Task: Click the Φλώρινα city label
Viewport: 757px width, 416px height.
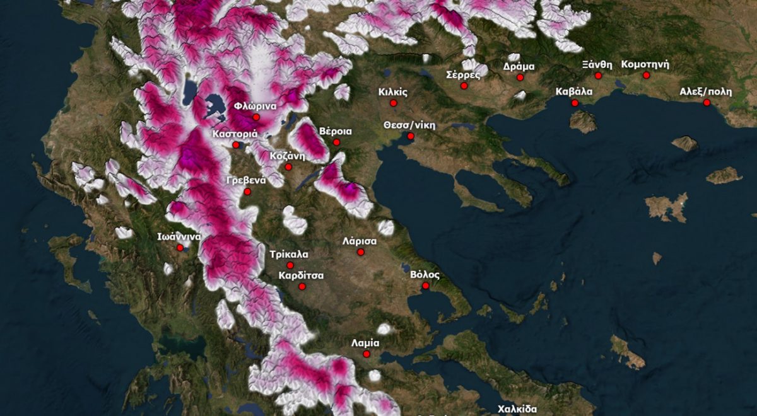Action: (255, 106)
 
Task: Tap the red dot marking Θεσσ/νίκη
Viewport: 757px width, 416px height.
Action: (411, 136)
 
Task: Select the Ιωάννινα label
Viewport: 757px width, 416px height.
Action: (179, 237)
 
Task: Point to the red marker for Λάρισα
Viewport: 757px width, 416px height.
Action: (361, 252)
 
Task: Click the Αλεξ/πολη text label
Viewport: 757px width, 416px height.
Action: (705, 91)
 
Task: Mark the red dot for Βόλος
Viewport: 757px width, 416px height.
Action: (426, 286)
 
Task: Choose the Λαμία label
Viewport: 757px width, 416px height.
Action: (365, 344)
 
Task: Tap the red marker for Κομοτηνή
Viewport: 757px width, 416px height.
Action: (646, 76)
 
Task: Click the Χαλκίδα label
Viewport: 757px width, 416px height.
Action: (517, 408)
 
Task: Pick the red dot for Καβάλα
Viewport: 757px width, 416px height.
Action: (575, 103)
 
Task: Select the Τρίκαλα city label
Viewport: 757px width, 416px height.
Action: (288, 255)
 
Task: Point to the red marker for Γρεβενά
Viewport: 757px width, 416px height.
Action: (247, 192)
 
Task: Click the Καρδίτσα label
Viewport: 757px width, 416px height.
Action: (301, 275)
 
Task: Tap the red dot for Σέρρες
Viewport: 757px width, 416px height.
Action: (464, 86)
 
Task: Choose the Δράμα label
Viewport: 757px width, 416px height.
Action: (519, 66)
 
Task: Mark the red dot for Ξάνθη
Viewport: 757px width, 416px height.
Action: (598, 76)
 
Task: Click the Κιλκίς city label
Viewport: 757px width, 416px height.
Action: (393, 92)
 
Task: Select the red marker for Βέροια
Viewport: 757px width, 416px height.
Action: (336, 142)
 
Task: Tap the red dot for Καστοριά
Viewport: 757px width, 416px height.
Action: (235, 145)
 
